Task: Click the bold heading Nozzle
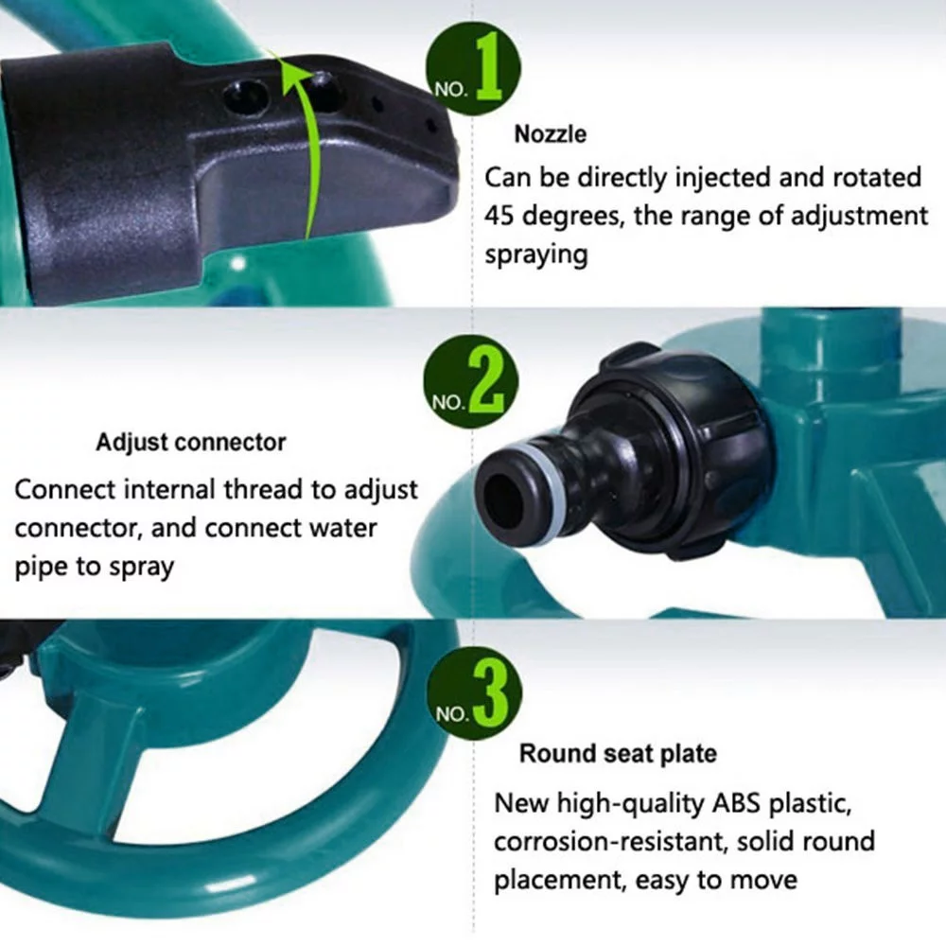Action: (550, 134)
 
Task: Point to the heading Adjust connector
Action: (190, 442)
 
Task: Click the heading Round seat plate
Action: (617, 754)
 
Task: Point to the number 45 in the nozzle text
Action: (503, 216)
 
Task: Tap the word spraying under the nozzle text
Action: (535, 254)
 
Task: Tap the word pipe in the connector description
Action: (41, 567)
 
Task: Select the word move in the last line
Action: (762, 880)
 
